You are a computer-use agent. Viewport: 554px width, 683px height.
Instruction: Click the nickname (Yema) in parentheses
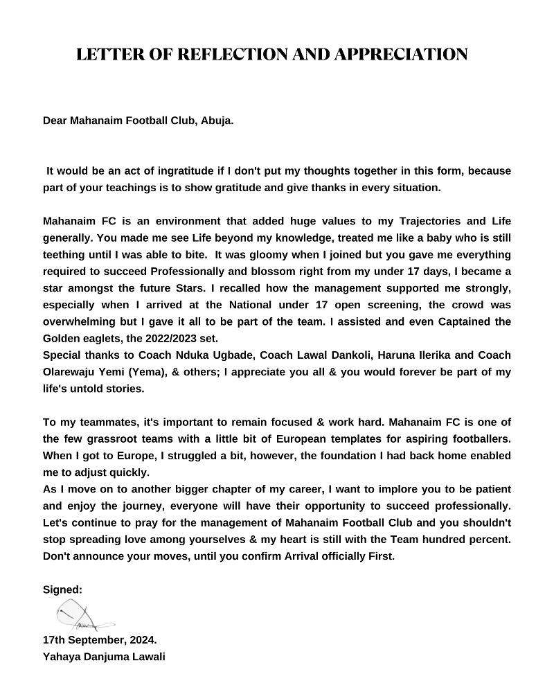tap(155, 372)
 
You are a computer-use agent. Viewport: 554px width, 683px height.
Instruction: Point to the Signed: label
tap(62, 589)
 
